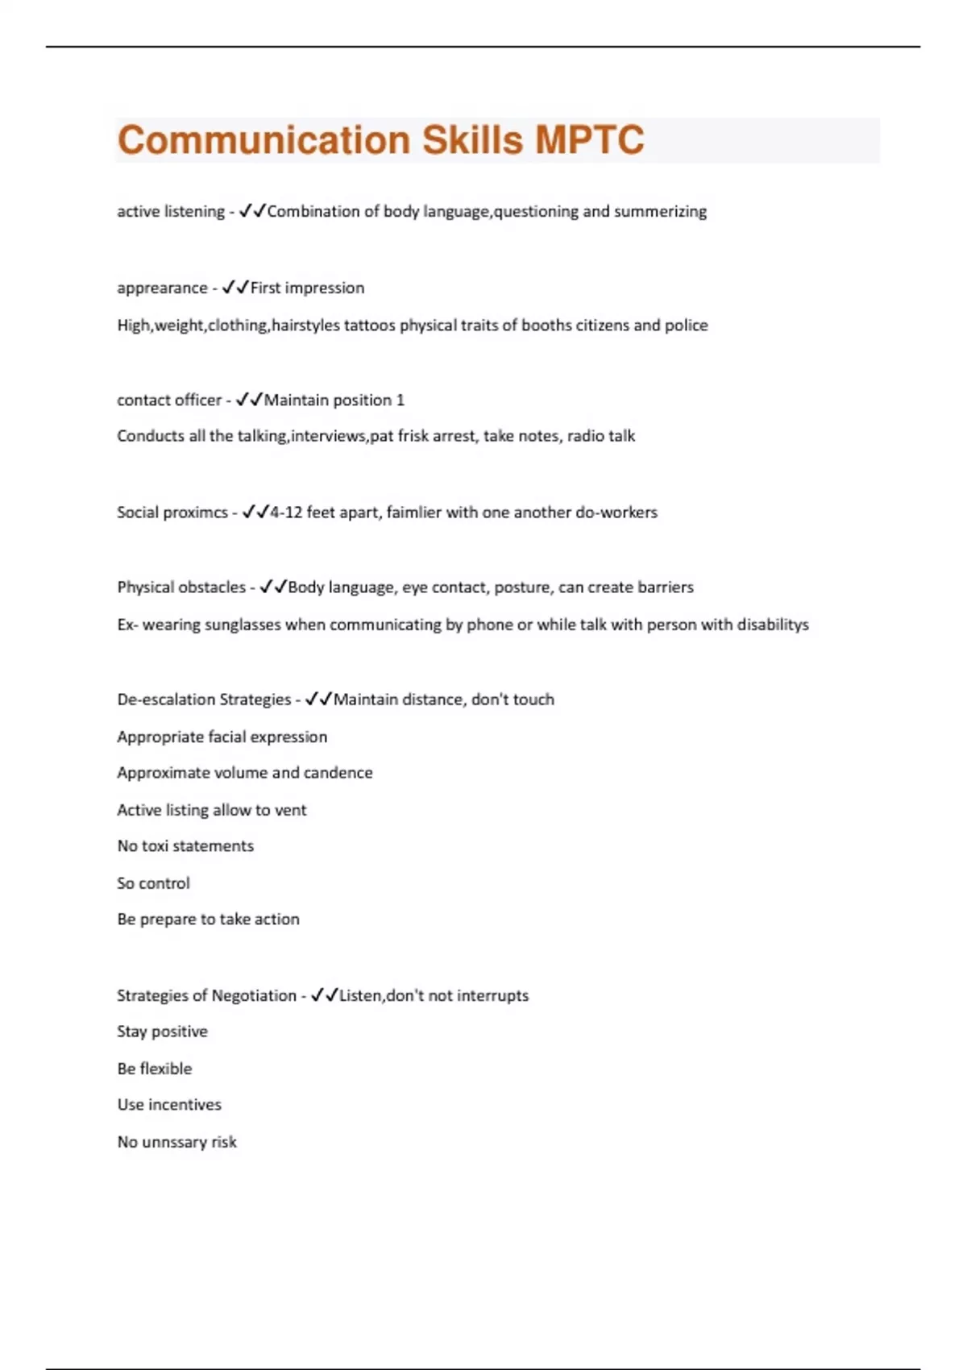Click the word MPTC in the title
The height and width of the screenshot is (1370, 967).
click(589, 140)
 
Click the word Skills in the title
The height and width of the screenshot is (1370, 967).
click(473, 140)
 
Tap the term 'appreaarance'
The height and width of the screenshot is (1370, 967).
click(162, 289)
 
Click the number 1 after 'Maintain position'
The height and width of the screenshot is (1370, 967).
click(400, 401)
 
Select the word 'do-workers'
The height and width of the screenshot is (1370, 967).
click(616, 513)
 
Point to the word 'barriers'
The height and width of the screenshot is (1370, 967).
click(665, 587)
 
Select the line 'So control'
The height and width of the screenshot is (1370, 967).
click(153, 883)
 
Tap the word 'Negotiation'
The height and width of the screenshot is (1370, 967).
click(254, 996)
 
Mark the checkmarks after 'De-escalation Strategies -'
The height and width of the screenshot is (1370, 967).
click(318, 700)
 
